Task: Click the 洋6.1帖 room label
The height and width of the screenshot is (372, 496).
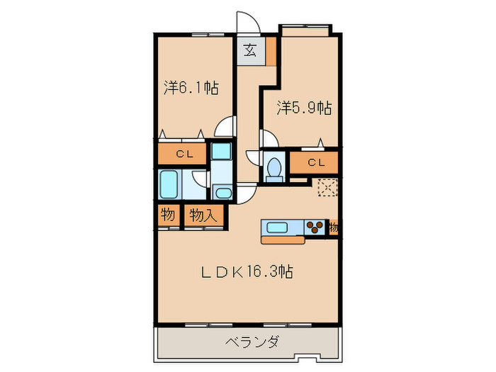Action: [191, 89]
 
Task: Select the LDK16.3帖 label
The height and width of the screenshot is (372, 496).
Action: [250, 271]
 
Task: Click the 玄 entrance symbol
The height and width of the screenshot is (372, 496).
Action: [251, 50]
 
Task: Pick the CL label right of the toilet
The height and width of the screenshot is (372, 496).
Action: [316, 162]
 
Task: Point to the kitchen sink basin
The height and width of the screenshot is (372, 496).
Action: [276, 227]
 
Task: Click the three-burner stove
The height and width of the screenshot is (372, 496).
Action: [316, 227]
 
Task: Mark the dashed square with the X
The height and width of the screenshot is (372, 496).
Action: [327, 188]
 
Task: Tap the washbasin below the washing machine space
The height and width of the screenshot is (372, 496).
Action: [222, 192]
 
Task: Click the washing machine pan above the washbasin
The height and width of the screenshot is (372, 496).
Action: [221, 152]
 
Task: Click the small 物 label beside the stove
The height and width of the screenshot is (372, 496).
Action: [333, 228]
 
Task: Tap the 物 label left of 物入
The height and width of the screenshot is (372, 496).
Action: [168, 215]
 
